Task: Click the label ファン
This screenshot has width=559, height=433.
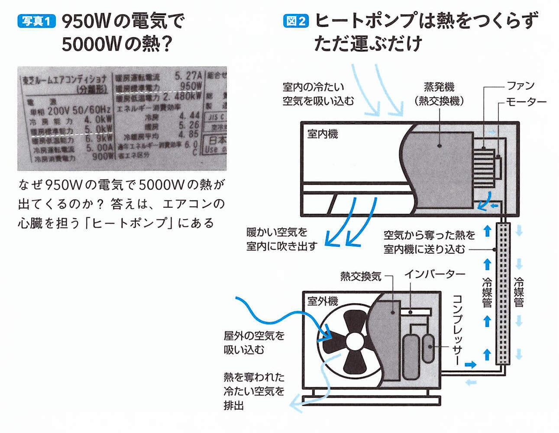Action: point(520,86)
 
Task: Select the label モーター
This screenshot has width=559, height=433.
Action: point(526,102)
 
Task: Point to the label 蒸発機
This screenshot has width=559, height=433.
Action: point(439,87)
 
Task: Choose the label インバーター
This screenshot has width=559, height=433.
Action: point(434,274)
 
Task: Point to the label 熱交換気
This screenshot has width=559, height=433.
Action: point(361,276)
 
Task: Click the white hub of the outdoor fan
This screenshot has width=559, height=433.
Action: point(355,342)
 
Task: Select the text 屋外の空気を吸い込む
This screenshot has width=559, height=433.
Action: point(254,342)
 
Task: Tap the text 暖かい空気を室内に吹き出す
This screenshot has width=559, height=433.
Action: point(282,239)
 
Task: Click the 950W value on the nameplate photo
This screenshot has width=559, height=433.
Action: point(191,86)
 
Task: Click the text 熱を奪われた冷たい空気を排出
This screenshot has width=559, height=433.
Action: point(254,391)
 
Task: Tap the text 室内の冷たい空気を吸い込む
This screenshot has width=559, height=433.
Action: point(318,94)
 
